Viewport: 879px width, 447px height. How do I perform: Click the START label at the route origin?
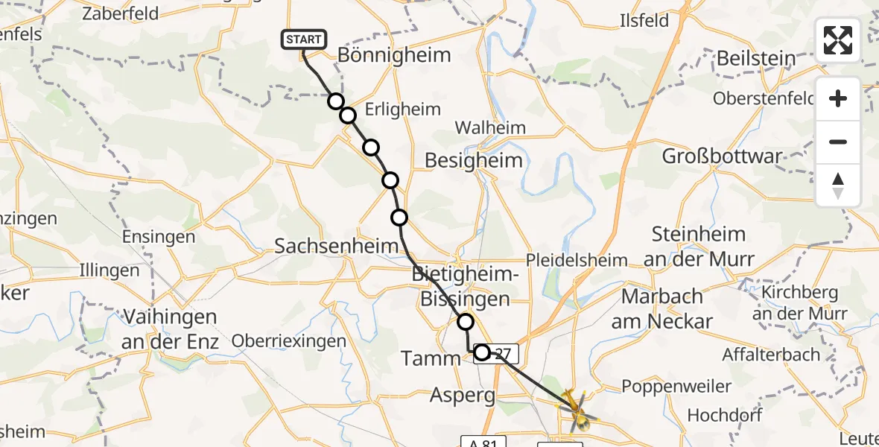(x=304, y=39)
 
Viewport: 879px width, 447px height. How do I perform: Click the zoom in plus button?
(x=838, y=99)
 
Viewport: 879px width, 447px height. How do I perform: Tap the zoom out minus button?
(x=838, y=142)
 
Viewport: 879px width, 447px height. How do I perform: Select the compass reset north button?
(x=838, y=186)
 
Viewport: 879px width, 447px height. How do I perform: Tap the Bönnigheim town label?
(x=394, y=55)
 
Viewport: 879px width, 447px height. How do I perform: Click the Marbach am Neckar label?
(x=662, y=308)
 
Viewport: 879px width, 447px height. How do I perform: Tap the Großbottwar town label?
(x=723, y=156)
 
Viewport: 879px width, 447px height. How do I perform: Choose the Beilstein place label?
(x=755, y=58)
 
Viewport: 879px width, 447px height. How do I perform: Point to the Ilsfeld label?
(x=644, y=21)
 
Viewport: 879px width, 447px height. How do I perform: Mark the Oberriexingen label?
(x=289, y=341)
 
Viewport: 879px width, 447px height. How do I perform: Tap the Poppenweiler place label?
(x=666, y=386)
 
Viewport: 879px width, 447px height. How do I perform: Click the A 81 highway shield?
(x=479, y=442)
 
